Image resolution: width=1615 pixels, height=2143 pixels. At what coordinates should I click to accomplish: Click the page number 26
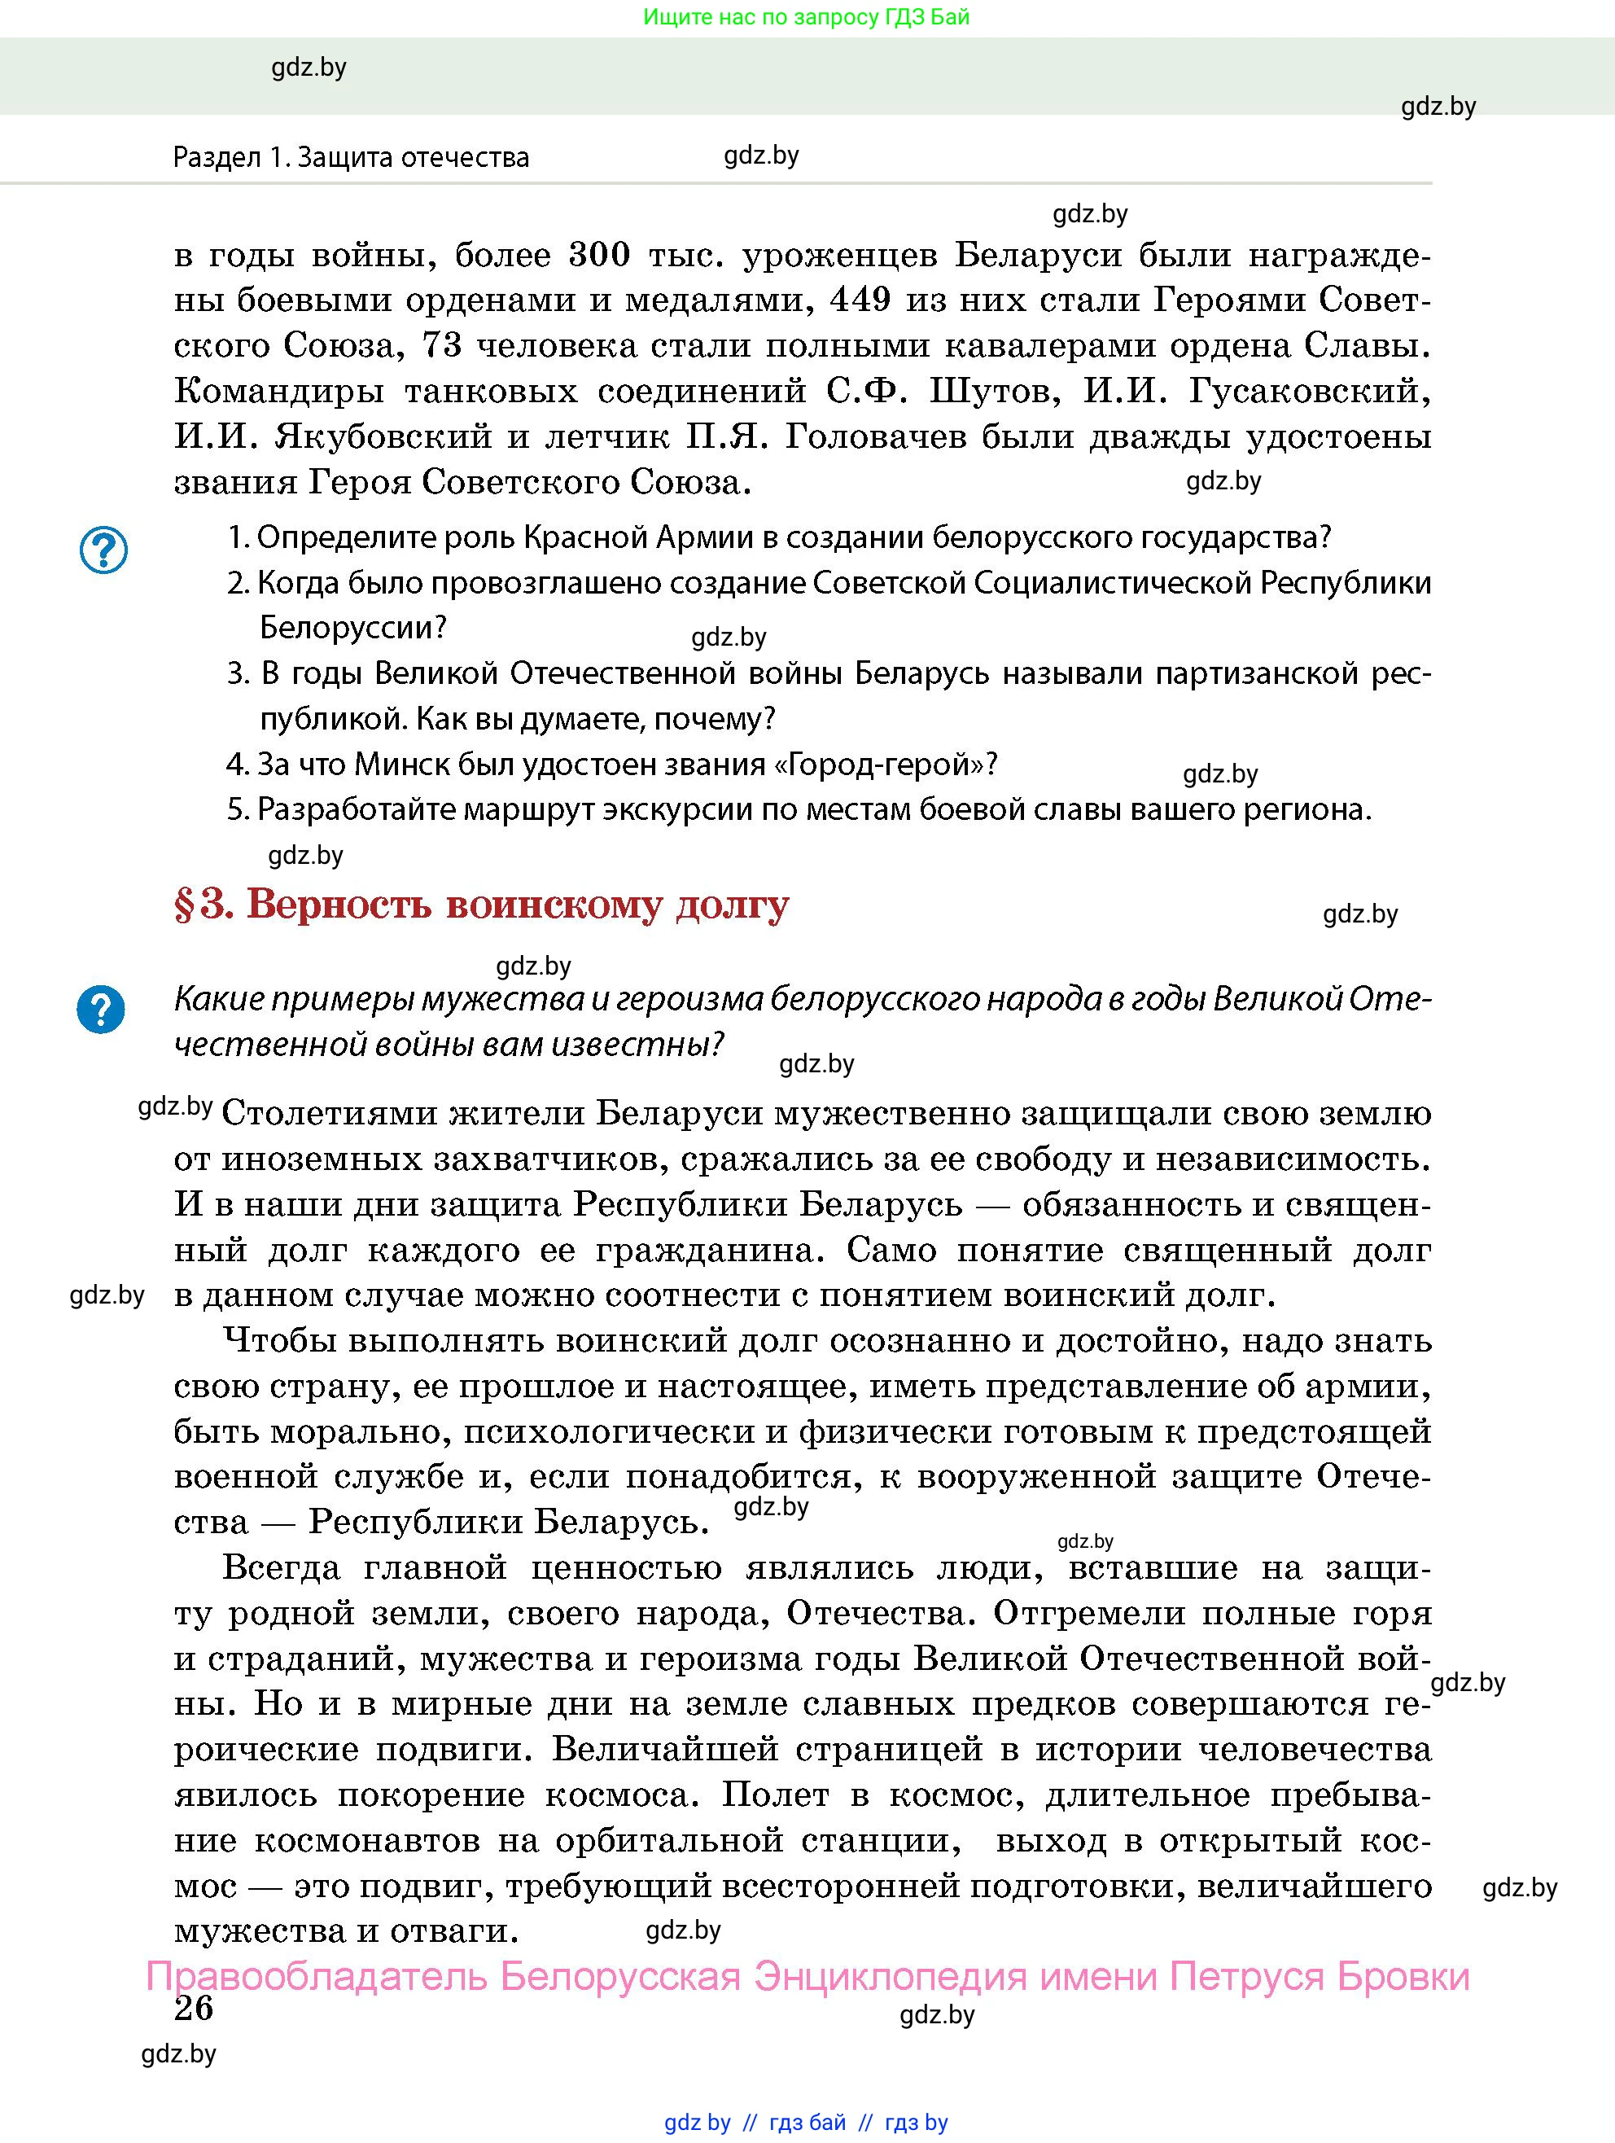pyautogui.click(x=194, y=2007)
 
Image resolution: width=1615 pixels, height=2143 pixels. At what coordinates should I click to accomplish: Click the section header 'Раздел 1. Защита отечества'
pyautogui.click(x=351, y=157)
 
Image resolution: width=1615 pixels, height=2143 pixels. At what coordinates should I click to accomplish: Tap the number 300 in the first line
pyautogui.click(x=599, y=256)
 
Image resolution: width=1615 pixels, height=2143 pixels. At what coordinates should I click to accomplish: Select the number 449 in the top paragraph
pyautogui.click(x=860, y=300)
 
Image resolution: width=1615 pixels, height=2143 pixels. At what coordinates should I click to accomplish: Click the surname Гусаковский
pyautogui.click(x=1309, y=392)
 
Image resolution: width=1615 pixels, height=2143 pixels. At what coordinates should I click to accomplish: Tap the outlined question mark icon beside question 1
pyautogui.click(x=103, y=550)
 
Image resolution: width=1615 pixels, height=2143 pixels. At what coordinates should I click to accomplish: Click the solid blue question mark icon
pyautogui.click(x=101, y=1010)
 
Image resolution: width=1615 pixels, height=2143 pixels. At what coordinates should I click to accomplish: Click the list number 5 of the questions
pyautogui.click(x=238, y=809)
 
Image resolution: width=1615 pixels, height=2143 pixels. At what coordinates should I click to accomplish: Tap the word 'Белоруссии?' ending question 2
pyautogui.click(x=352, y=628)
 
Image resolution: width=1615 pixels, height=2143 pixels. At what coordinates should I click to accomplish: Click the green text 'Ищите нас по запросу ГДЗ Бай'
pyautogui.click(x=806, y=16)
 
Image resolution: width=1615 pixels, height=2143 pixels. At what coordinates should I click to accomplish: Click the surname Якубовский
pyautogui.click(x=383, y=437)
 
